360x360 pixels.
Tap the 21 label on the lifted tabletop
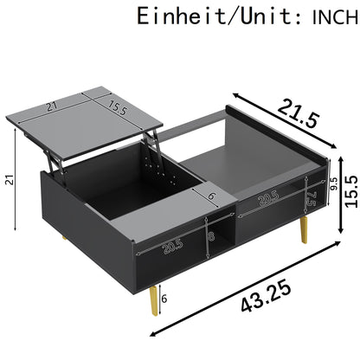tap(52, 106)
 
